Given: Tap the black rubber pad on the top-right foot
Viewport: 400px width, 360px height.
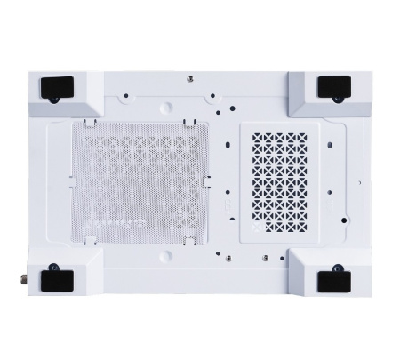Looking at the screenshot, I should coord(336,85).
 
